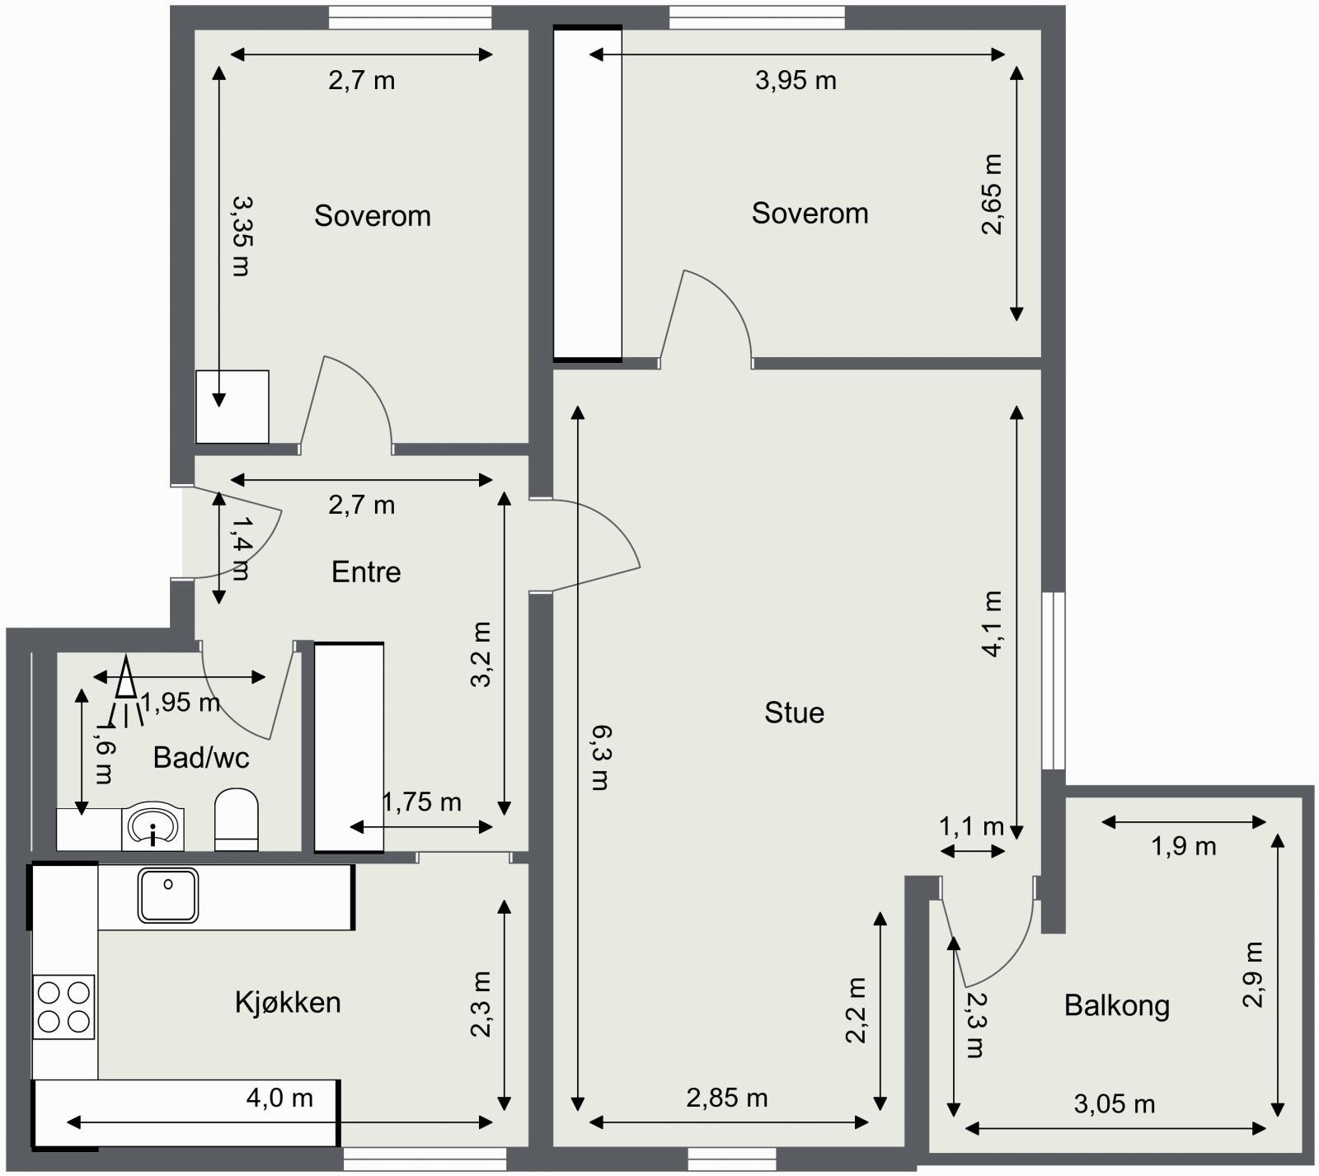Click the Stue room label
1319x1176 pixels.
click(x=794, y=713)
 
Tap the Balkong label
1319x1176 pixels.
click(x=1117, y=1005)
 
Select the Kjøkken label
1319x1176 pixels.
click(x=288, y=1003)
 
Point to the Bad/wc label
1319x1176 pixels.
click(x=201, y=757)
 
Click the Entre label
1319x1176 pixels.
click(x=366, y=572)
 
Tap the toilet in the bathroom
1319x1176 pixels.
click(x=237, y=819)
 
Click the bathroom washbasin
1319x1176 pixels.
click(x=153, y=826)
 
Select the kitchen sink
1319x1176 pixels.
click(x=168, y=895)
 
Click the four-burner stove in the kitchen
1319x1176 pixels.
click(x=63, y=1007)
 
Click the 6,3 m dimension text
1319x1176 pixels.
click(x=600, y=757)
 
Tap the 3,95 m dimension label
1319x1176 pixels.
click(x=796, y=80)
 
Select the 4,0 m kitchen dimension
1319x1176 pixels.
click(x=279, y=1098)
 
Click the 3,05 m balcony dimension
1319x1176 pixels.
click(x=1115, y=1103)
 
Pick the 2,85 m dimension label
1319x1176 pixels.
click(x=727, y=1098)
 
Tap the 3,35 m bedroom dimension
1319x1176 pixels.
click(x=241, y=235)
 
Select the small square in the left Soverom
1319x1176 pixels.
click(x=232, y=407)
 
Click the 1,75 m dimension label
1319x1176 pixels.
click(x=421, y=802)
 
